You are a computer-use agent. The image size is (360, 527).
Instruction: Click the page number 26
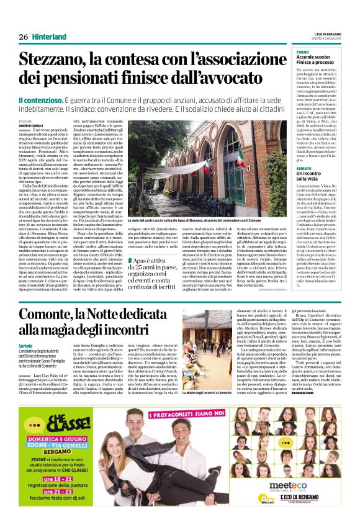click(x=23, y=37)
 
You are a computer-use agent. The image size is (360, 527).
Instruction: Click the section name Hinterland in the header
click(x=50, y=37)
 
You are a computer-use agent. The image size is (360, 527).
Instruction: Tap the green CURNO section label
click(x=302, y=52)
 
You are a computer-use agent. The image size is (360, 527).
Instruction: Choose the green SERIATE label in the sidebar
click(x=304, y=168)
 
